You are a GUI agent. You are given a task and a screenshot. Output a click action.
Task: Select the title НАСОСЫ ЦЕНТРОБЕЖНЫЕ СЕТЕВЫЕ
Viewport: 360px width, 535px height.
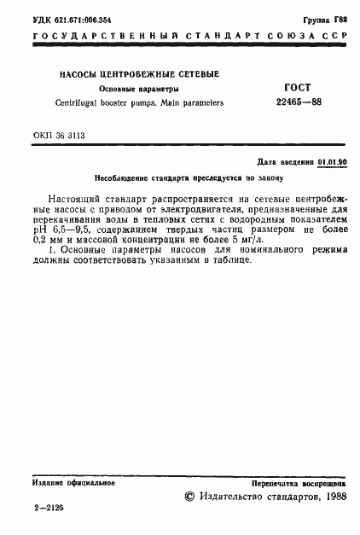138,74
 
